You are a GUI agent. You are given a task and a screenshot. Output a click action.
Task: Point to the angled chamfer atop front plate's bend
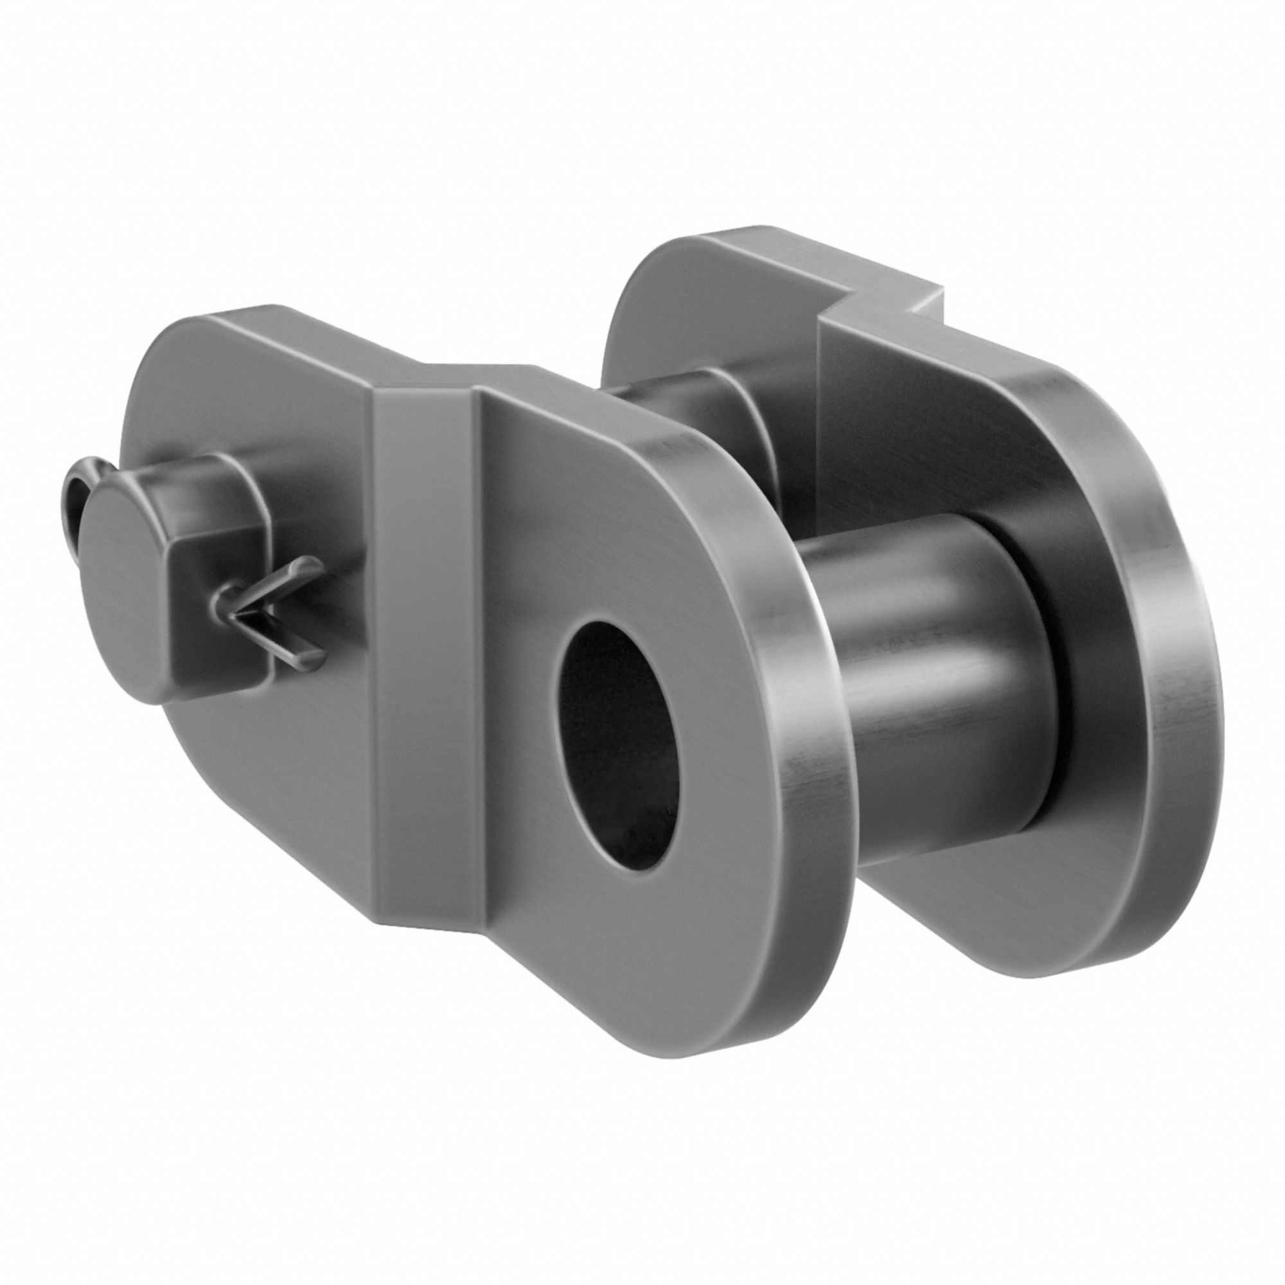coord(426,379)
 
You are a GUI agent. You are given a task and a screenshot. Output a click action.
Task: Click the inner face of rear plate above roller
coord(931,426)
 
